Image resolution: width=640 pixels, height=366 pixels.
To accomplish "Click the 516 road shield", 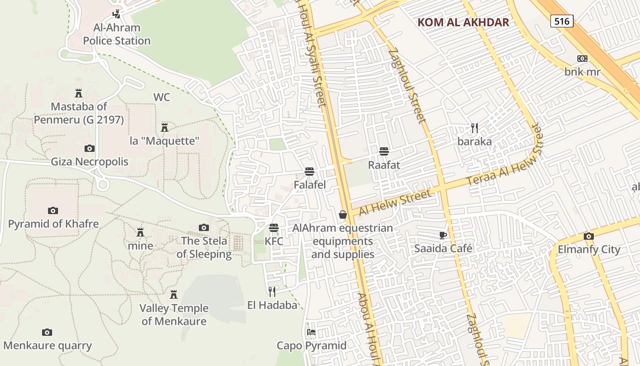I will click(562, 21).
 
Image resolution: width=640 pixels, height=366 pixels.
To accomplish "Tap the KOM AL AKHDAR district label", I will click(463, 22).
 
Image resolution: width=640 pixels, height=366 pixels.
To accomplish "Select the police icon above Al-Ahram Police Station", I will click(117, 14).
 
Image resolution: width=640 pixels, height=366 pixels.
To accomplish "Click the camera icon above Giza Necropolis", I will click(90, 148).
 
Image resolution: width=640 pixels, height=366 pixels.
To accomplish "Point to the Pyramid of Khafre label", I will click(53, 224).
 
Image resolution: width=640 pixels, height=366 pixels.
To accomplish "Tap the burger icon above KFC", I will click(274, 227).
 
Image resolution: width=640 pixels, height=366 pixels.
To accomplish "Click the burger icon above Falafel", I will click(309, 172).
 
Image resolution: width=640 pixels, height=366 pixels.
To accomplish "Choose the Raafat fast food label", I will click(384, 165).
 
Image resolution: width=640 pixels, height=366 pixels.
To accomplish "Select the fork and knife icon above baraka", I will click(475, 128).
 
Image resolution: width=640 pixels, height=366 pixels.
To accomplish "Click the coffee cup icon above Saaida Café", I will click(443, 235).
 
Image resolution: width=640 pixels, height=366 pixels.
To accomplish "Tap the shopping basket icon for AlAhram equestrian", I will click(342, 214).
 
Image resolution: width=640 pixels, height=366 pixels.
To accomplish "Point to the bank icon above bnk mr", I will click(582, 59).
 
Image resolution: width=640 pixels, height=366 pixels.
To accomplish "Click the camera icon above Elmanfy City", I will click(588, 236).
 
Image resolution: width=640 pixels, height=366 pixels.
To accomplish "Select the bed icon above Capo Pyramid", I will click(311, 332).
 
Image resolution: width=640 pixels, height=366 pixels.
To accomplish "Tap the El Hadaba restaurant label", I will click(272, 305).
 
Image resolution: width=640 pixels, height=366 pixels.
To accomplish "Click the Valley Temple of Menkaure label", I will click(174, 315).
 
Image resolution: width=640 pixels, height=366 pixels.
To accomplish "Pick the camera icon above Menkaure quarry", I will click(47, 332).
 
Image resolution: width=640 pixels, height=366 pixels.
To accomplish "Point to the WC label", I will click(162, 97).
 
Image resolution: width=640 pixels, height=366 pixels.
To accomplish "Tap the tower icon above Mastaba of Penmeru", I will click(79, 93).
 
